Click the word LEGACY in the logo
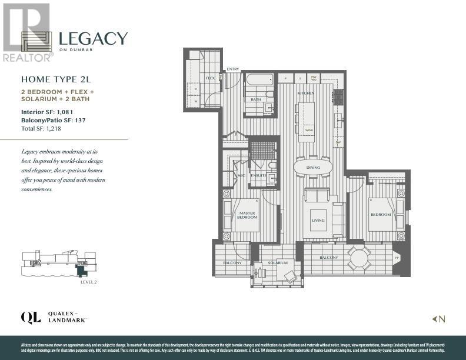pyautogui.click(x=93, y=39)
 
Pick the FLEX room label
pyautogui.click(x=209, y=78)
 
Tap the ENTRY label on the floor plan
pyautogui.click(x=234, y=69)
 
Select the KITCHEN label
pyautogui.click(x=305, y=93)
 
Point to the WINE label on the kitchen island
pyautogui.click(x=307, y=129)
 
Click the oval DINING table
pyautogui.click(x=313, y=167)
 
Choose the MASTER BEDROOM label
pyautogui.click(x=247, y=215)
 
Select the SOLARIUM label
pyautogui.click(x=278, y=262)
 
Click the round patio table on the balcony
pyautogui.click(x=358, y=258)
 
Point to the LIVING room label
pyautogui.click(x=318, y=220)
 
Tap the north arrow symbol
pyautogui.click(x=439, y=319)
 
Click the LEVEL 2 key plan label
pyautogui.click(x=88, y=282)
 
